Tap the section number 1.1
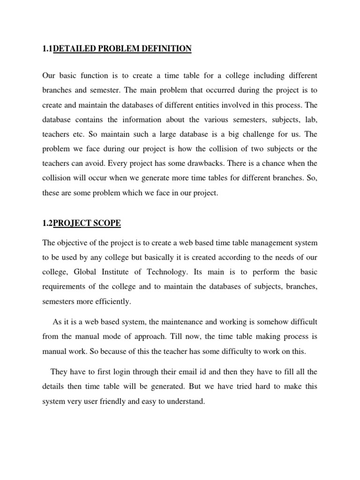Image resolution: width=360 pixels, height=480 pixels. pyautogui.click(x=47, y=49)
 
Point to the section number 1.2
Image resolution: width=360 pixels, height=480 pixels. pyautogui.click(x=47, y=224)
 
